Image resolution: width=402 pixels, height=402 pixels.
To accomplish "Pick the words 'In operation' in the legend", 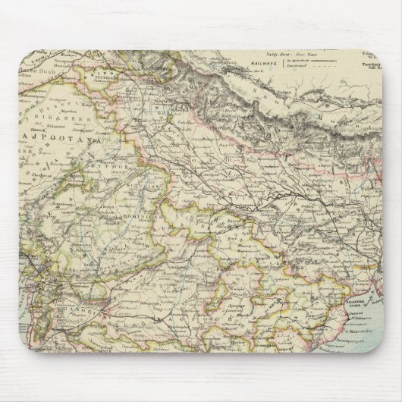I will pos(300,60).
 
